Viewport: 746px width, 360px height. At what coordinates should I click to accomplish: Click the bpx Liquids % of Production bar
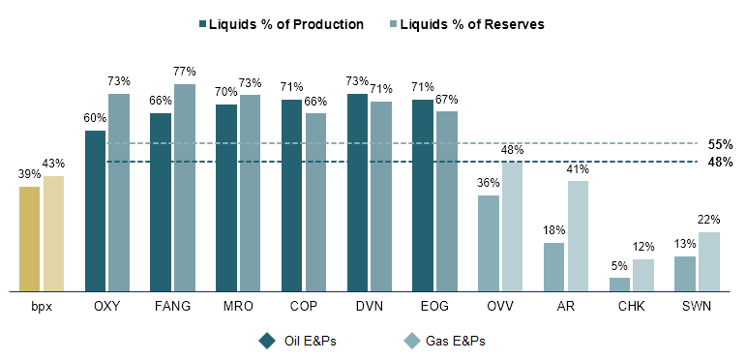pyautogui.click(x=30, y=238)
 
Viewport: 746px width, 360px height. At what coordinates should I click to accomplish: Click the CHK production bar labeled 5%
pyautogui.click(x=619, y=284)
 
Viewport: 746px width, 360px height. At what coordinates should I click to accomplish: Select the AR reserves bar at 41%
pyautogui.click(x=578, y=235)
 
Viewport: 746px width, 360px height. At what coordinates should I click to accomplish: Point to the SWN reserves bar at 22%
pyautogui.click(x=708, y=260)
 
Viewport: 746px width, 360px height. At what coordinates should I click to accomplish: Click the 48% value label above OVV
pyautogui.click(x=512, y=150)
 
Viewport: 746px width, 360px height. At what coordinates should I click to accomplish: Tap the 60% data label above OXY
pyautogui.click(x=95, y=119)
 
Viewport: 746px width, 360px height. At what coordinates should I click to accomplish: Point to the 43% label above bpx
pyautogui.click(x=53, y=164)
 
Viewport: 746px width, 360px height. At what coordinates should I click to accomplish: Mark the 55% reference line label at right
pyautogui.click(x=720, y=144)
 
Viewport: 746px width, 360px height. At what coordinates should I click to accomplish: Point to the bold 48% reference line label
pyautogui.click(x=720, y=162)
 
